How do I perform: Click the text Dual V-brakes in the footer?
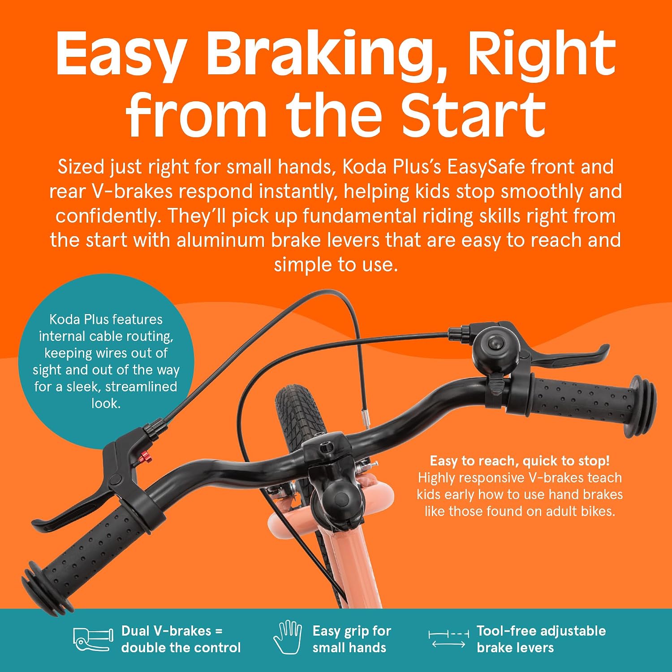tap(166, 631)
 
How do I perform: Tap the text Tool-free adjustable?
tap(541, 631)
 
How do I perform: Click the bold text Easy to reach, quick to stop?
tap(520, 461)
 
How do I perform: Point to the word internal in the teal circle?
tap(62, 336)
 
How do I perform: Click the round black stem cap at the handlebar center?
tap(336, 497)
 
